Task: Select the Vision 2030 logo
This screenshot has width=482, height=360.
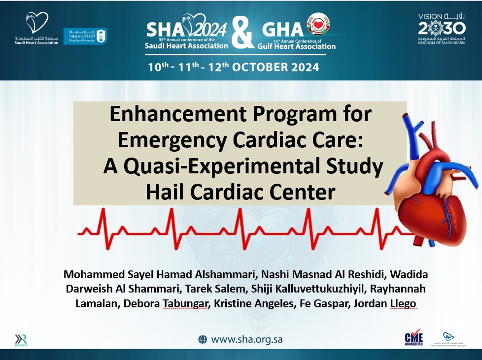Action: click(441, 30)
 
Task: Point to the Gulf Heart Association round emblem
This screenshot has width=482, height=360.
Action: click(318, 24)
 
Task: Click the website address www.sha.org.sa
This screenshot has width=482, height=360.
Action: click(247, 339)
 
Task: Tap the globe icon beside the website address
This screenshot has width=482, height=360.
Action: click(203, 339)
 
